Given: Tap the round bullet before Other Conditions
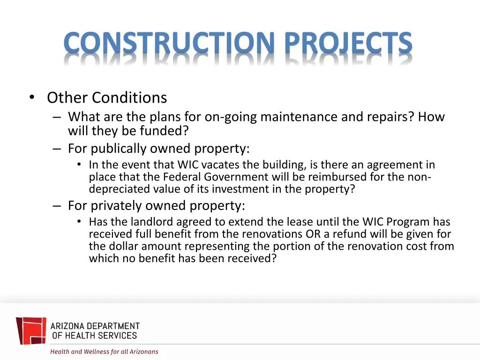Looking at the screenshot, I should (31, 97).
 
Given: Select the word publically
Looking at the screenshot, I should (119, 149).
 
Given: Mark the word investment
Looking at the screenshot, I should (238, 189).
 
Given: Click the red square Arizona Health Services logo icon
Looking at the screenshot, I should (31, 330).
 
